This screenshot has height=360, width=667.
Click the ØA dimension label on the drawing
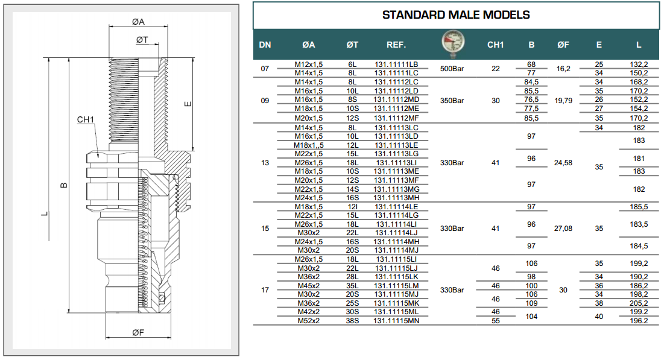[138, 22]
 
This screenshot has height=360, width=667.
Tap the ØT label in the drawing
[142, 40]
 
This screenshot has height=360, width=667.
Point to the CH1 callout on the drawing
[86, 119]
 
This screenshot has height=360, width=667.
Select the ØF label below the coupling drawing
[138, 333]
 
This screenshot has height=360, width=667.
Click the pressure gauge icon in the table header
[452, 44]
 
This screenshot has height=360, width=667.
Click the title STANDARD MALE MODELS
[456, 15]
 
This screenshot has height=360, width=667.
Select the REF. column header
[396, 45]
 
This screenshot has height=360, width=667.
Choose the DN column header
[265, 45]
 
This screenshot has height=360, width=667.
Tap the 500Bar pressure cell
[452, 69]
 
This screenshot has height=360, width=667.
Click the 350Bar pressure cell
[452, 101]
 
